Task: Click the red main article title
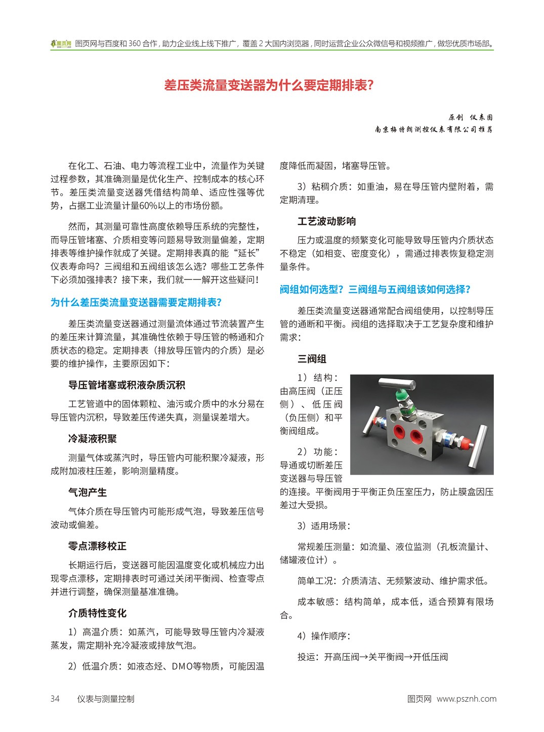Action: pyautogui.click(x=269, y=85)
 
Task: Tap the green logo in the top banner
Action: pyautogui.click(x=61, y=44)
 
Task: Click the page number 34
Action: pyautogui.click(x=55, y=699)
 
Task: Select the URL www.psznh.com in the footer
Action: pyautogui.click(x=467, y=699)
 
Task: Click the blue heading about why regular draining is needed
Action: pyautogui.click(x=136, y=302)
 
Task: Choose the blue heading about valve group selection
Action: pyautogui.click(x=375, y=289)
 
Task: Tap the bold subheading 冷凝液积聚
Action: pyautogui.click(x=93, y=439)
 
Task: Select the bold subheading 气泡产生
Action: pyautogui.click(x=88, y=492)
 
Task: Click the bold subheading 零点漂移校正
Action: pyautogui.click(x=97, y=546)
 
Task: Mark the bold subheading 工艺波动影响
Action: pyautogui.click(x=326, y=221)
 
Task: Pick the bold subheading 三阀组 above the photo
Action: pyautogui.click(x=312, y=359)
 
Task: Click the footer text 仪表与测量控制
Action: pyautogui.click(x=106, y=699)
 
